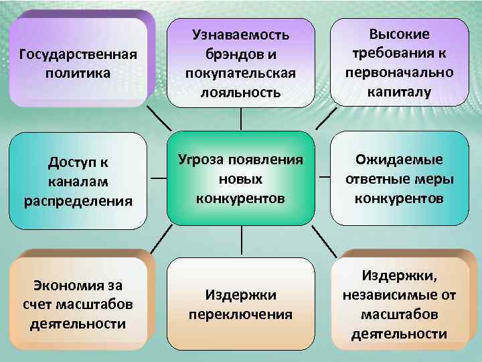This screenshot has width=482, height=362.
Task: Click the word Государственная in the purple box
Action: pyautogui.click(x=80, y=53)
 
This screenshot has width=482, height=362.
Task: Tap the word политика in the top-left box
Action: pyautogui.click(x=80, y=71)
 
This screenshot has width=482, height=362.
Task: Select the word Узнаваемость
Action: pyautogui.click(x=241, y=34)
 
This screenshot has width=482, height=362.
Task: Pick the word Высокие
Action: pyautogui.click(x=400, y=34)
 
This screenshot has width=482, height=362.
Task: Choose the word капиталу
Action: pyautogui.click(x=400, y=91)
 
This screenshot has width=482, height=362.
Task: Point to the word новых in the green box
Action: pyautogui.click(x=241, y=179)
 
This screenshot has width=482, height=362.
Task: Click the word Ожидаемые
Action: pyautogui.click(x=400, y=160)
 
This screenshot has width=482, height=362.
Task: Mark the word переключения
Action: pyautogui.click(x=241, y=314)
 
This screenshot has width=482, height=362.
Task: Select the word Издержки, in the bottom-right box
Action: pyautogui.click(x=400, y=276)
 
